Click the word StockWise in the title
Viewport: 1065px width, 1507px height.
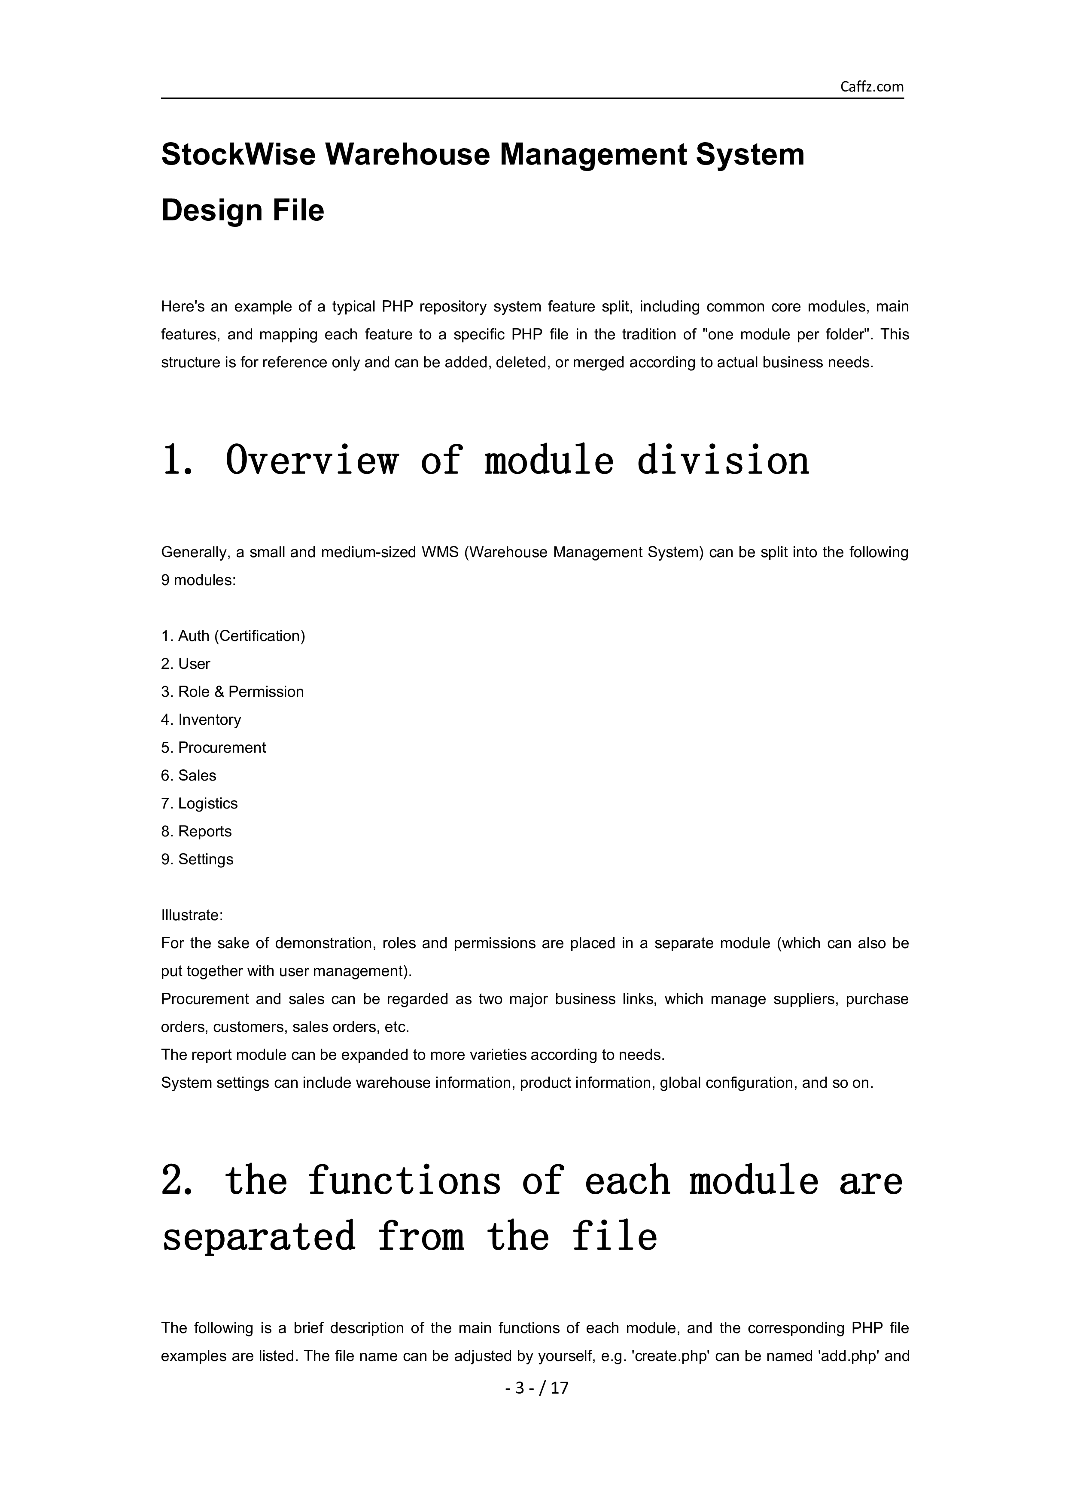[x=238, y=155]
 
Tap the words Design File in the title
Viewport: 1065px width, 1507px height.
[x=242, y=210]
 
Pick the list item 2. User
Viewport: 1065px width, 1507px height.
[x=186, y=664]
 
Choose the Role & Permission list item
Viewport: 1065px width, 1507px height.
[x=232, y=692]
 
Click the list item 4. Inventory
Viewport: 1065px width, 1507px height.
[x=201, y=720]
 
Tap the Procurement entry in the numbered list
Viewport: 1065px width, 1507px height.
[x=213, y=747]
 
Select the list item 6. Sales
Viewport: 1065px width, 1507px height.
[x=189, y=776]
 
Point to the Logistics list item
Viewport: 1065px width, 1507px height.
[x=200, y=803]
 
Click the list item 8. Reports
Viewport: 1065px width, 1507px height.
[x=196, y=832]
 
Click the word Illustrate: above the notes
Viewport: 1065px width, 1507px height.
[x=192, y=915]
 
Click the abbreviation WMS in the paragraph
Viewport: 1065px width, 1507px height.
[x=440, y=552]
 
